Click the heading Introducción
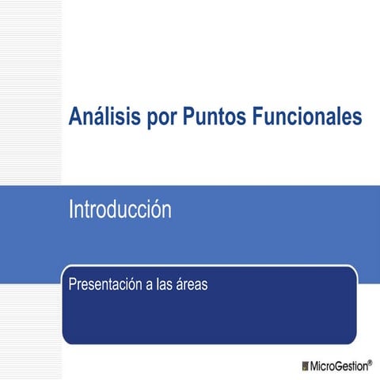(120, 211)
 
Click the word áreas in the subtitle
(192, 283)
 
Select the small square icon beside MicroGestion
(306, 366)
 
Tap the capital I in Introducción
(71, 211)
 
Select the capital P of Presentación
(73, 283)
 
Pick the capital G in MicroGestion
(339, 366)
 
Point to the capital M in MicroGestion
(315, 366)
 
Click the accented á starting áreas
(180, 283)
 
